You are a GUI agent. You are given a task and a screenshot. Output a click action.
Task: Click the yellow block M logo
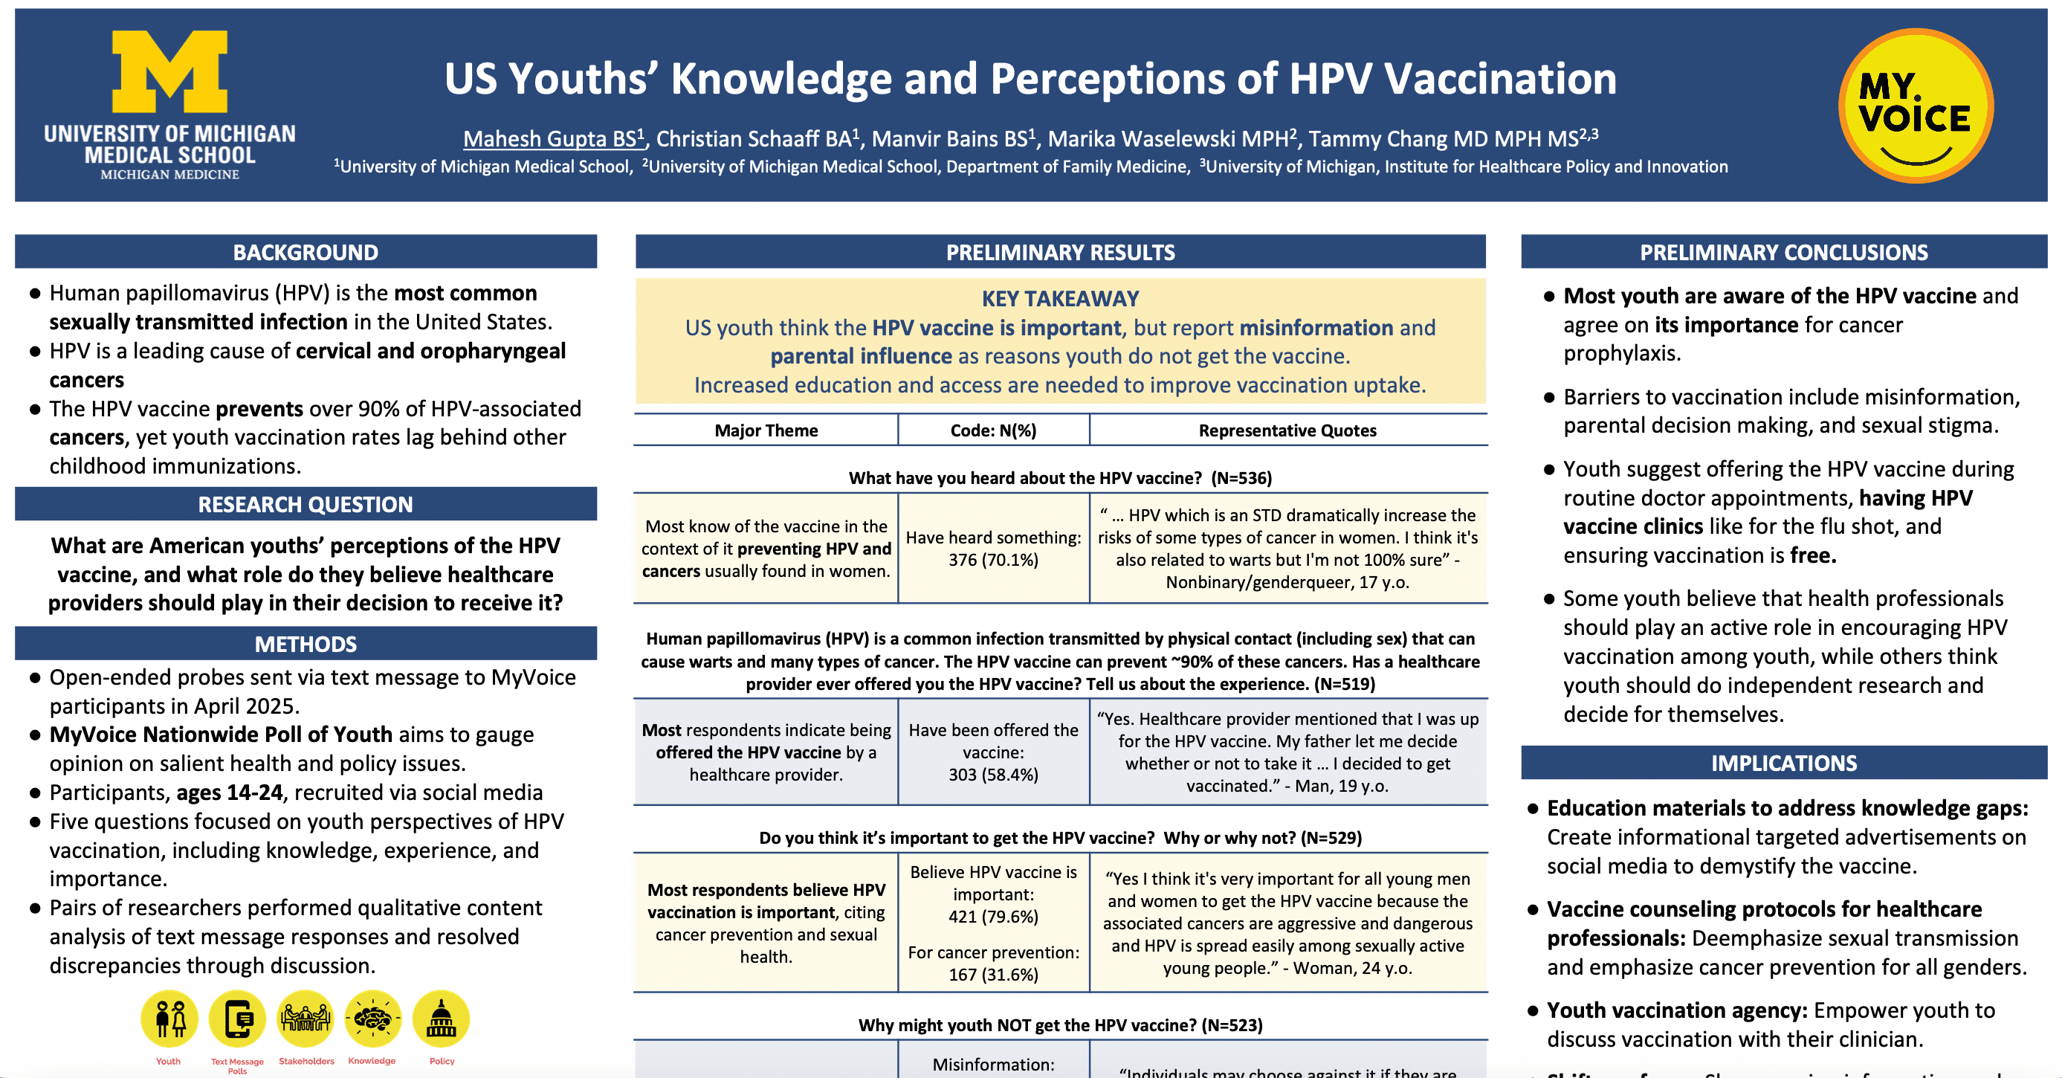[169, 72]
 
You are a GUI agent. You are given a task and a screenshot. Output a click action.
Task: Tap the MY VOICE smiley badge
[1916, 106]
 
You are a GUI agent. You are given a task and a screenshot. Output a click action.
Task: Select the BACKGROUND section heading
[306, 252]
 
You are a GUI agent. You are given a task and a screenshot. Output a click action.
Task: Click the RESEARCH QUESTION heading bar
[306, 504]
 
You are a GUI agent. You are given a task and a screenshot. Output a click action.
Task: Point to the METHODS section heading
[306, 645]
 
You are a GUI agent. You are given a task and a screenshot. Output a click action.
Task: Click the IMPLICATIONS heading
[1784, 763]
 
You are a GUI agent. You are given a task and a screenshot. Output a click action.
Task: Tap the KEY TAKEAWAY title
[1061, 299]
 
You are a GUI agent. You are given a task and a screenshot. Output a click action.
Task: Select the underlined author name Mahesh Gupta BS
[553, 138]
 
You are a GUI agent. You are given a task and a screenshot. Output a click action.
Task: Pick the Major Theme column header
[766, 430]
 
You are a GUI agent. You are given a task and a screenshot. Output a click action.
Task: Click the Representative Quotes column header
[1287, 430]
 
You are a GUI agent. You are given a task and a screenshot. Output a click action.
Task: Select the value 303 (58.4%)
[993, 775]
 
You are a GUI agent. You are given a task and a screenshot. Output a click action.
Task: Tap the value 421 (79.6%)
[993, 917]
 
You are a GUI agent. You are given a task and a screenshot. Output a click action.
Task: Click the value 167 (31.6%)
[993, 975]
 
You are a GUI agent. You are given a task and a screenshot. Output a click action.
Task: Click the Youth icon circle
[169, 1019]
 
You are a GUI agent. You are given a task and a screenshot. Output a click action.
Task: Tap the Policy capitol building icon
[441, 1019]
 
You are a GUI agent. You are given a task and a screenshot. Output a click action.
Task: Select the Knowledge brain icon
[373, 1019]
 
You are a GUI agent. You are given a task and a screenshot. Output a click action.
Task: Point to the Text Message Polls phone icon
[238, 1019]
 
